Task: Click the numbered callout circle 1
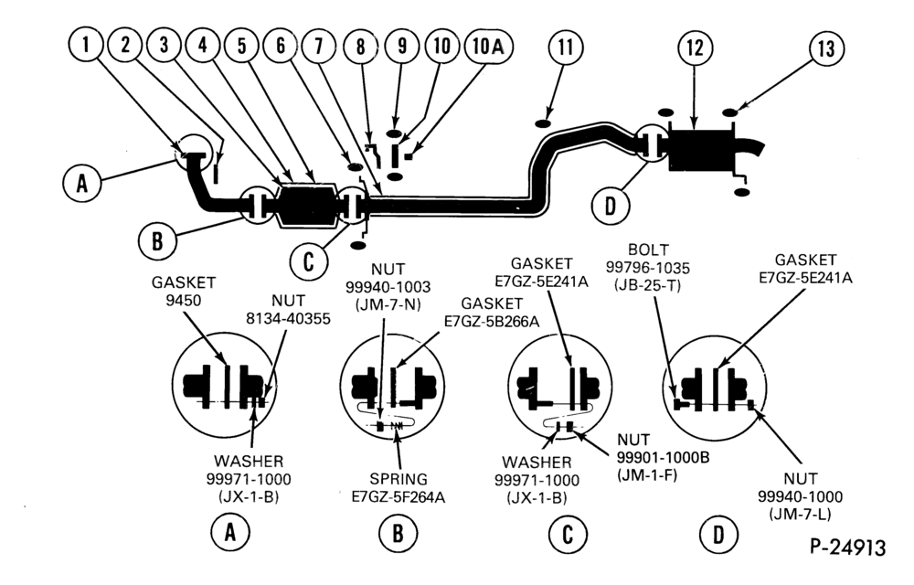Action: click(x=86, y=44)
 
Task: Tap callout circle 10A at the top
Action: click(x=488, y=46)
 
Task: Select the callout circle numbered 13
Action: click(x=826, y=48)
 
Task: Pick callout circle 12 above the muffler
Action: click(x=695, y=48)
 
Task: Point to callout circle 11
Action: click(x=566, y=47)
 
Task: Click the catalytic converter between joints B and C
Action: click(x=307, y=207)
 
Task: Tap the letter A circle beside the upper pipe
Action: click(x=82, y=183)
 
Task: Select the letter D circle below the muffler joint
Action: click(x=610, y=206)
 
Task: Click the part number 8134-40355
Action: click(x=288, y=318)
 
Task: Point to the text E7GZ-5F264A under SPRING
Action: click(x=399, y=497)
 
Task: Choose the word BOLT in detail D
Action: click(x=648, y=250)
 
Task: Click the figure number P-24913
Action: click(x=848, y=548)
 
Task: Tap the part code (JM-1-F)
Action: click(x=648, y=475)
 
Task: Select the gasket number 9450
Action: click(x=183, y=300)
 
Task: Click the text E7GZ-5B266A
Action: click(x=492, y=321)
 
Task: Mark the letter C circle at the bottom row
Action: click(x=568, y=535)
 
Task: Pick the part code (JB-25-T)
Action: click(x=647, y=285)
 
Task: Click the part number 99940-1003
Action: click(x=388, y=287)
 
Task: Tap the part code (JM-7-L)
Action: click(x=800, y=514)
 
